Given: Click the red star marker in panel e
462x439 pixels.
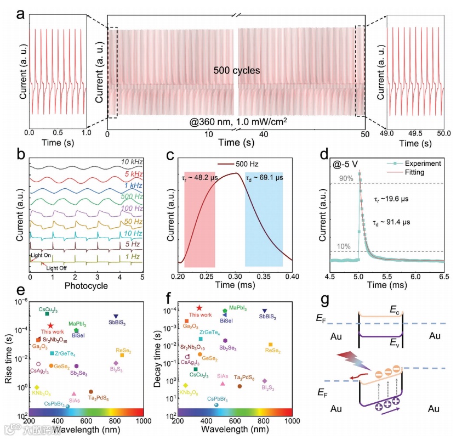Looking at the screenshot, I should (50, 326).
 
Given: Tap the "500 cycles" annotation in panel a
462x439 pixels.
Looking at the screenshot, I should (236, 71).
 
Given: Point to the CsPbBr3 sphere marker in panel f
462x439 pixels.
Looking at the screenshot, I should (216, 405).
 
